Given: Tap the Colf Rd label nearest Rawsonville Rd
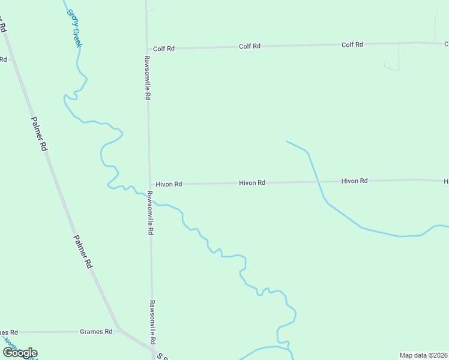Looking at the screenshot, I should pos(163,49).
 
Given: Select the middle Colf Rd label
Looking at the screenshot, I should pos(250,46).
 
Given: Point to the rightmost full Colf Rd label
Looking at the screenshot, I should pos(352,45).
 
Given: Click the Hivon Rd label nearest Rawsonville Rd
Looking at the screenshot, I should pos(169,184).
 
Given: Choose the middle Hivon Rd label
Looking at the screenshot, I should pos(252,182).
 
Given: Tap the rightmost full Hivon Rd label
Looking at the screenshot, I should pos(354,181).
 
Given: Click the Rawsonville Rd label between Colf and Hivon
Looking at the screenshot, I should pos(146,77).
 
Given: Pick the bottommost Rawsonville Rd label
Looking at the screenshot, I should pos(153,322).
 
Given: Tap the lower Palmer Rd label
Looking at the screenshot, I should pos(83,251).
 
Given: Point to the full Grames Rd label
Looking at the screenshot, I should pos(96,331).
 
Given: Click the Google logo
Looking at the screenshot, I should pos(20,353).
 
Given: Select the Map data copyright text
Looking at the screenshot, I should pos(423,355).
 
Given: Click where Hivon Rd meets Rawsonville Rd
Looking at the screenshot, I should pos(149,184).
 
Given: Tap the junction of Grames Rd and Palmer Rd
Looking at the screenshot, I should pos(119,329).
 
